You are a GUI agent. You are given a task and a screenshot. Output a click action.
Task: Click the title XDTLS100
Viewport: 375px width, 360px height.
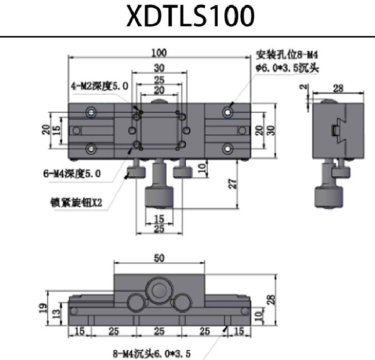[190, 17]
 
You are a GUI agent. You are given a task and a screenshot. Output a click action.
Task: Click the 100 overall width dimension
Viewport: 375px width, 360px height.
[159, 52]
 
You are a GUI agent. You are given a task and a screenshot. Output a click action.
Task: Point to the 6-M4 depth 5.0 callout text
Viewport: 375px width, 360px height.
[72, 174]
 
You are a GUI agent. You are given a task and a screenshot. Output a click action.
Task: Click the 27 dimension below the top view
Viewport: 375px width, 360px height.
[232, 184]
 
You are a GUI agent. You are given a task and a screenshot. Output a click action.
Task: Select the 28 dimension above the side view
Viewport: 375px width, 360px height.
[337, 88]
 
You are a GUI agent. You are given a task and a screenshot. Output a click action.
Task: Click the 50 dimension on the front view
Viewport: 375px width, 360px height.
[159, 258]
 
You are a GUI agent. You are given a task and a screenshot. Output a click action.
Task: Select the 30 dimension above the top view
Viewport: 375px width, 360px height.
[159, 67]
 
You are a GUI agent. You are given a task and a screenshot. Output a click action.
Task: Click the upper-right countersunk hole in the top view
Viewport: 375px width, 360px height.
[228, 111]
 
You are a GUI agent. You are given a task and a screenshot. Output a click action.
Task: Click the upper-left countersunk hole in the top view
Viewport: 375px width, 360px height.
[92, 111]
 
